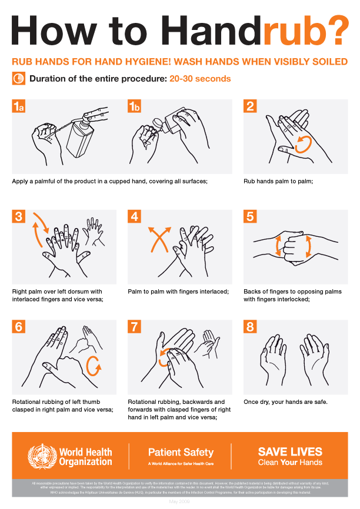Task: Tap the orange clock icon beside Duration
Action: (x=18, y=78)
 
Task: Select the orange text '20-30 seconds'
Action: (x=200, y=79)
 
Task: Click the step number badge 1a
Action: (x=19, y=106)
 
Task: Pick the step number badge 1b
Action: (x=135, y=106)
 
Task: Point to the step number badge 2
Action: (x=251, y=106)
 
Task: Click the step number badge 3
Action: (x=19, y=216)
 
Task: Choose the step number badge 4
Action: (x=135, y=216)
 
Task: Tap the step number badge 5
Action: (x=251, y=216)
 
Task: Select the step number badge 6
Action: (x=19, y=326)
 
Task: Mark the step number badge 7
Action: (x=135, y=326)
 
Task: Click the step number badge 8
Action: (x=251, y=326)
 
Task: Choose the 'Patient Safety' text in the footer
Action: (x=181, y=453)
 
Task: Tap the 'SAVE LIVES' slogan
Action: (x=290, y=452)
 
